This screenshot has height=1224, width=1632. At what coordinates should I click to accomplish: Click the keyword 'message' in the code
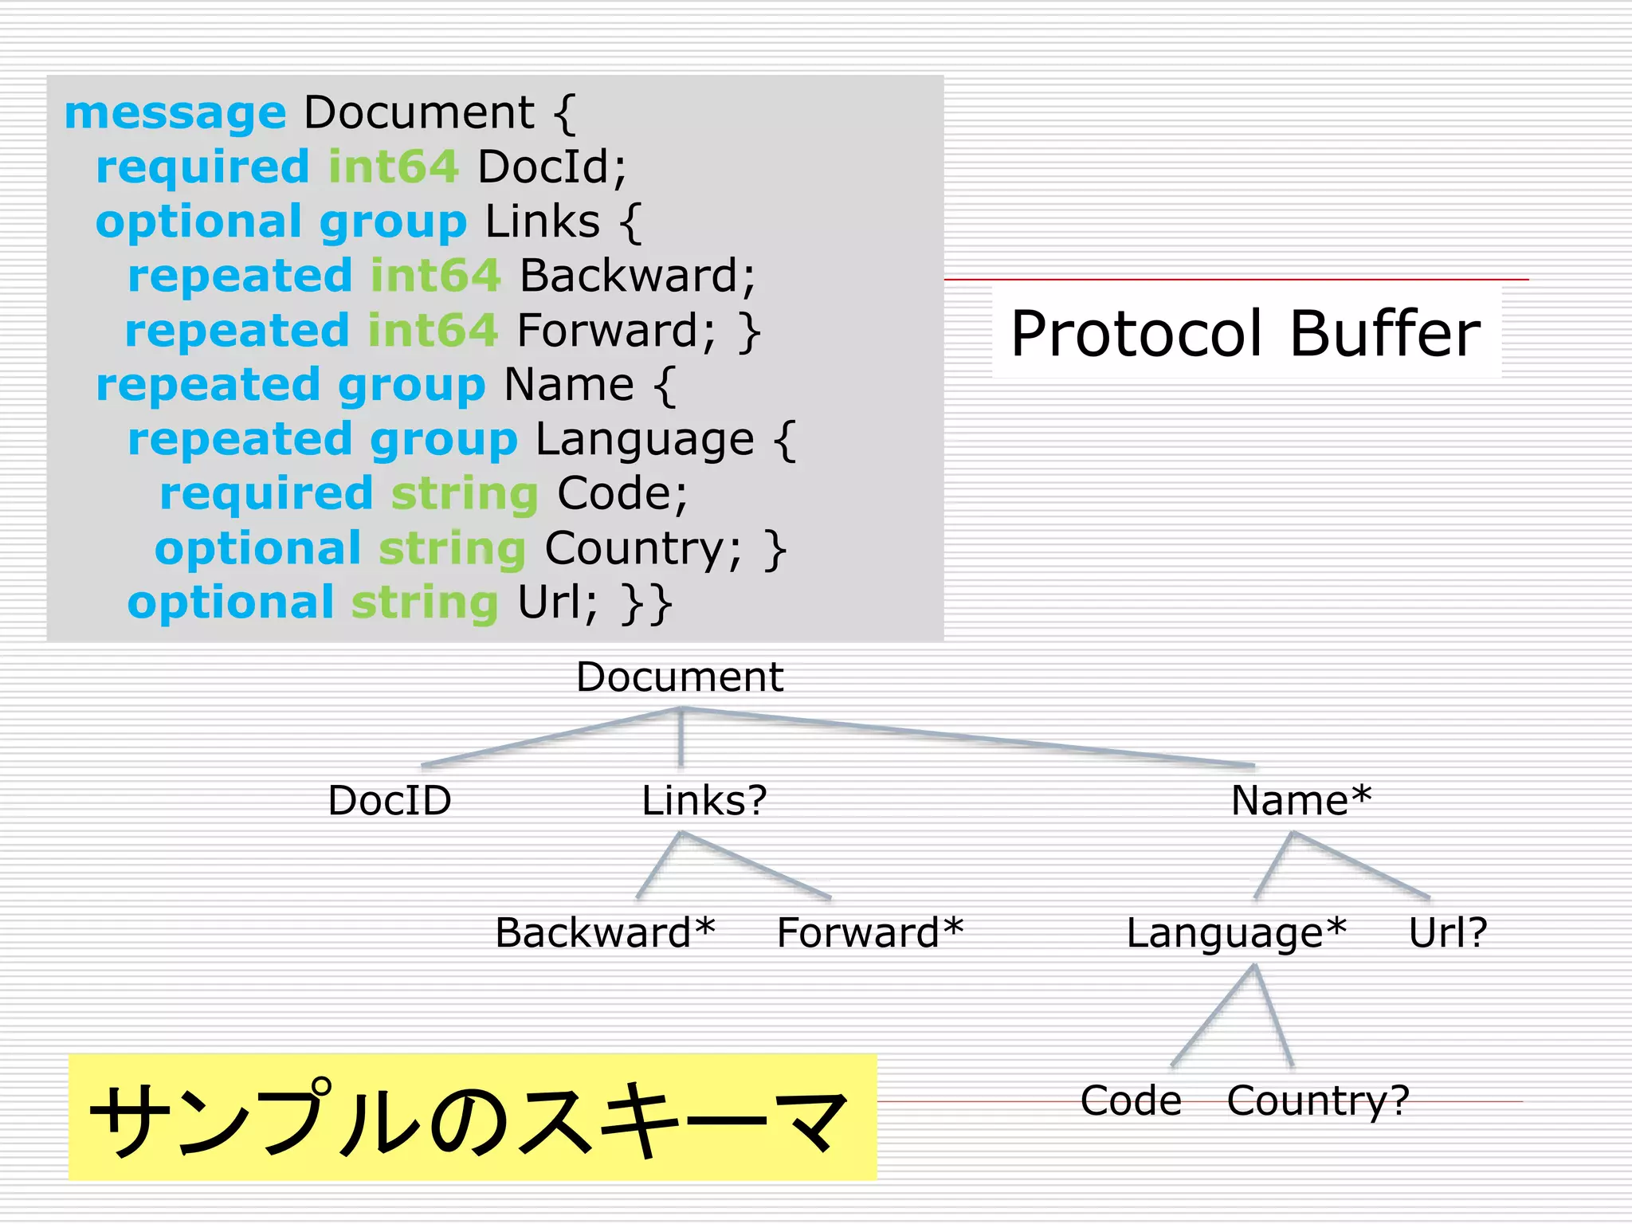tap(175, 112)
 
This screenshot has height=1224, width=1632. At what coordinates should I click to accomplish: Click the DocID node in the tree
tap(390, 800)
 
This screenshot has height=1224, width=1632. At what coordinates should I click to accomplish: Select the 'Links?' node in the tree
tap(704, 800)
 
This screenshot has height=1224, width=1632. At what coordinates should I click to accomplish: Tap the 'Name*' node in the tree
tap(1301, 800)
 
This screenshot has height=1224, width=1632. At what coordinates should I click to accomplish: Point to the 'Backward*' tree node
tap(605, 932)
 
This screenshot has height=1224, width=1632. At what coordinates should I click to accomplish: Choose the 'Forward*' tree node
tap(870, 932)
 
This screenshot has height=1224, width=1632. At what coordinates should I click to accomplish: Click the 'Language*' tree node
tap(1236, 933)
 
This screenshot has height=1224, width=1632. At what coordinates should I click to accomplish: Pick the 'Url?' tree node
tap(1448, 932)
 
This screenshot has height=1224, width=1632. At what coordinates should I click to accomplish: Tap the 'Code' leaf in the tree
tap(1131, 1100)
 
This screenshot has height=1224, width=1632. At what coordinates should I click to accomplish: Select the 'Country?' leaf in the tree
tap(1318, 1101)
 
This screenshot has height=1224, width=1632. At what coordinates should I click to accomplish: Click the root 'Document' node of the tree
tap(680, 677)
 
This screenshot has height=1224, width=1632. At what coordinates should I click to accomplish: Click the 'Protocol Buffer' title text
tap(1246, 333)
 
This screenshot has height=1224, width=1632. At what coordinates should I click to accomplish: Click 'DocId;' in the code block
tap(552, 167)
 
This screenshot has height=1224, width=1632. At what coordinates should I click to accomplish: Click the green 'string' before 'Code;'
tap(465, 494)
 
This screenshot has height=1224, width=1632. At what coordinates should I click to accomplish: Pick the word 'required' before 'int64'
tap(202, 167)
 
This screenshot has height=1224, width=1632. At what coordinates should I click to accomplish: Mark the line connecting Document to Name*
tap(967, 737)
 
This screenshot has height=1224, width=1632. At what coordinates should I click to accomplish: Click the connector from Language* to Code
tap(1214, 1015)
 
